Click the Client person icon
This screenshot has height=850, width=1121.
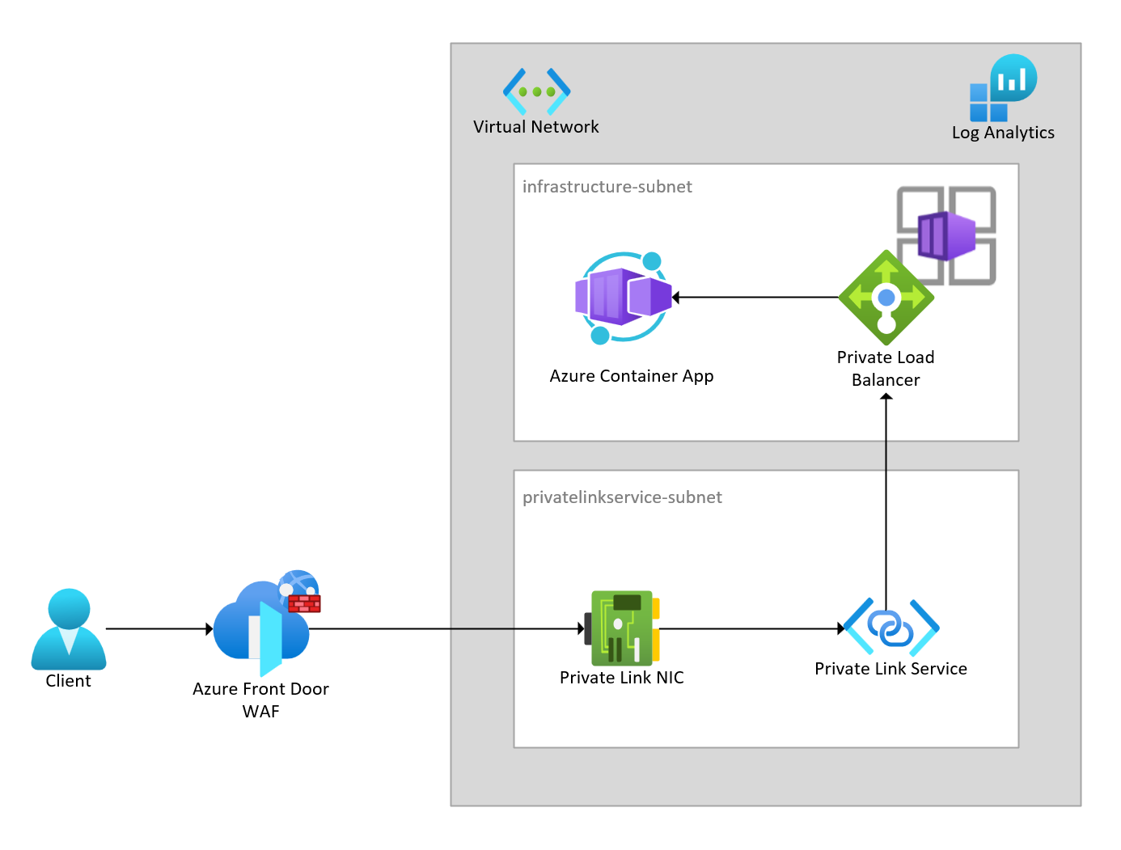(69, 628)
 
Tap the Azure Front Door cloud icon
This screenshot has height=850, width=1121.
(259, 627)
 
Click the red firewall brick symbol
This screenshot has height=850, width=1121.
(304, 603)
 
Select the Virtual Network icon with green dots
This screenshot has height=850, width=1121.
(536, 91)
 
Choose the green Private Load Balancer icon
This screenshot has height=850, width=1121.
(886, 298)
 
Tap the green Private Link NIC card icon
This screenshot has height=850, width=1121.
(621, 628)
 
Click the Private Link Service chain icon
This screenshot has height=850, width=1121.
(890, 627)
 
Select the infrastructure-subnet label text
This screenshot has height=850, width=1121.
(607, 187)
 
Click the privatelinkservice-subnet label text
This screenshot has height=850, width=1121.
(622, 497)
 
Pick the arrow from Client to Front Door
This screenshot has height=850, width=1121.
(159, 628)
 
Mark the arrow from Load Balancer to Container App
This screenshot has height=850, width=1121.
(755, 298)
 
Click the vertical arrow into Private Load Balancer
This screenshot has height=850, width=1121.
(886, 501)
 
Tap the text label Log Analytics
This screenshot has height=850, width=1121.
(1003, 133)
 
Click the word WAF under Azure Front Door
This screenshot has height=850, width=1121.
(260, 712)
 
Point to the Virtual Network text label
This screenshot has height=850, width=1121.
(535, 127)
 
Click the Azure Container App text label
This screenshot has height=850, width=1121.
(631, 376)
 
